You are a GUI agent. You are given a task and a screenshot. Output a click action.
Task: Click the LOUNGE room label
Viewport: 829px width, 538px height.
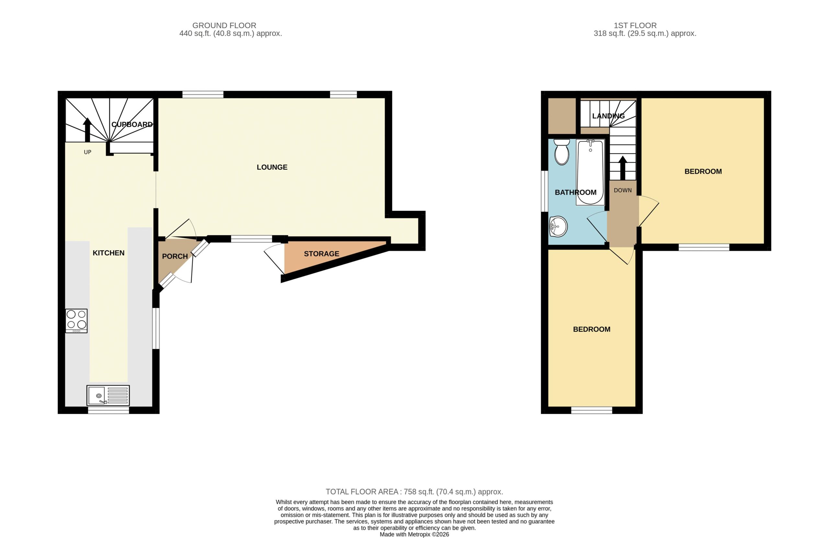(272, 167)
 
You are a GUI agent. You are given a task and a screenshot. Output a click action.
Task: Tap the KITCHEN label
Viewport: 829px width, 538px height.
(108, 253)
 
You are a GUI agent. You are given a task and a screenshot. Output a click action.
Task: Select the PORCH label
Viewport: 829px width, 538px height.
(175, 257)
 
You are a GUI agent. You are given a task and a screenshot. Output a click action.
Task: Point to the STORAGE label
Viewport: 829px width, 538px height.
(322, 254)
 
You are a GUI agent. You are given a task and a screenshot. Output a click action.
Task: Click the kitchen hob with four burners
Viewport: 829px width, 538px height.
(76, 321)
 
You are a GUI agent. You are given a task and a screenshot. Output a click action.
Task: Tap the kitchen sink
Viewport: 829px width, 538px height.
(108, 395)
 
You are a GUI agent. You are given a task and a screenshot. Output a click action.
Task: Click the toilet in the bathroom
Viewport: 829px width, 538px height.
(562, 152)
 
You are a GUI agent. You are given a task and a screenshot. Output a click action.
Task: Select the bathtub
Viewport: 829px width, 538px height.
(590, 172)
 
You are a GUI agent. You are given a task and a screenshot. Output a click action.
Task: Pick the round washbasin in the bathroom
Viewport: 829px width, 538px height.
(558, 226)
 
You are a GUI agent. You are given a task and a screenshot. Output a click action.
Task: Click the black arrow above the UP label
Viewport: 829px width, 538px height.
(87, 130)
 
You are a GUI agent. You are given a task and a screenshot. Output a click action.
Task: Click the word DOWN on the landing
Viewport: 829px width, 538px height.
(623, 190)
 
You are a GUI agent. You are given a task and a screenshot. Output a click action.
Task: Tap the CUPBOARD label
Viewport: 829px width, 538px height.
(132, 124)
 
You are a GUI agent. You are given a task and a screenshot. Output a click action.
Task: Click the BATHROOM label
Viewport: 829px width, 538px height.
(575, 192)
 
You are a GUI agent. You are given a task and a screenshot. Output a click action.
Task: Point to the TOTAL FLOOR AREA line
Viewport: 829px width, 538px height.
(414, 492)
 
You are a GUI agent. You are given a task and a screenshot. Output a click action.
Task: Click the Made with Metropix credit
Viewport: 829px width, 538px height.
(414, 534)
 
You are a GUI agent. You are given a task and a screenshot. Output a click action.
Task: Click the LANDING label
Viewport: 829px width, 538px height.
(608, 116)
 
